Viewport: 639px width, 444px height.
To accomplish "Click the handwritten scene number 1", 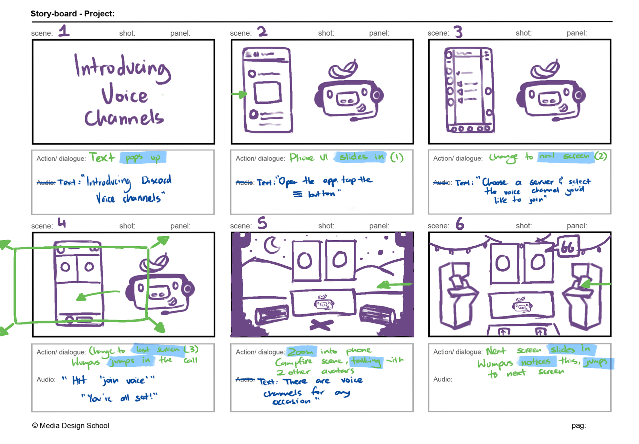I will [x=64, y=31].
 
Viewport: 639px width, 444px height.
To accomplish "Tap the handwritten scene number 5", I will [x=262, y=223].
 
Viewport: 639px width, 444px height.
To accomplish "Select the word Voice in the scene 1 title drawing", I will [x=124, y=96].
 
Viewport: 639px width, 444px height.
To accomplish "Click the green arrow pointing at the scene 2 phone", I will [x=239, y=95].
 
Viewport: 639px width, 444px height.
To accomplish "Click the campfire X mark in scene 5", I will [x=321, y=324].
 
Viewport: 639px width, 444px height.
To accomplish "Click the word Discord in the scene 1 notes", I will [x=156, y=181].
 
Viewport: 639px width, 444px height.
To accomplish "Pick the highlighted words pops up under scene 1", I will [x=143, y=157].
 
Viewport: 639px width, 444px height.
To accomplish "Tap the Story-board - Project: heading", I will [x=73, y=14].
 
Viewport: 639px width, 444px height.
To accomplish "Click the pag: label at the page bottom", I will [x=578, y=425].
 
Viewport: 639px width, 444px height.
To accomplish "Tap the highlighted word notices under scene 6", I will [x=536, y=361].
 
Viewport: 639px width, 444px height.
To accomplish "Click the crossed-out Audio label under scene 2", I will [x=245, y=182].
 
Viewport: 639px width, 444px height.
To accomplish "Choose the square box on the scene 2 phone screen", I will [x=268, y=92].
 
